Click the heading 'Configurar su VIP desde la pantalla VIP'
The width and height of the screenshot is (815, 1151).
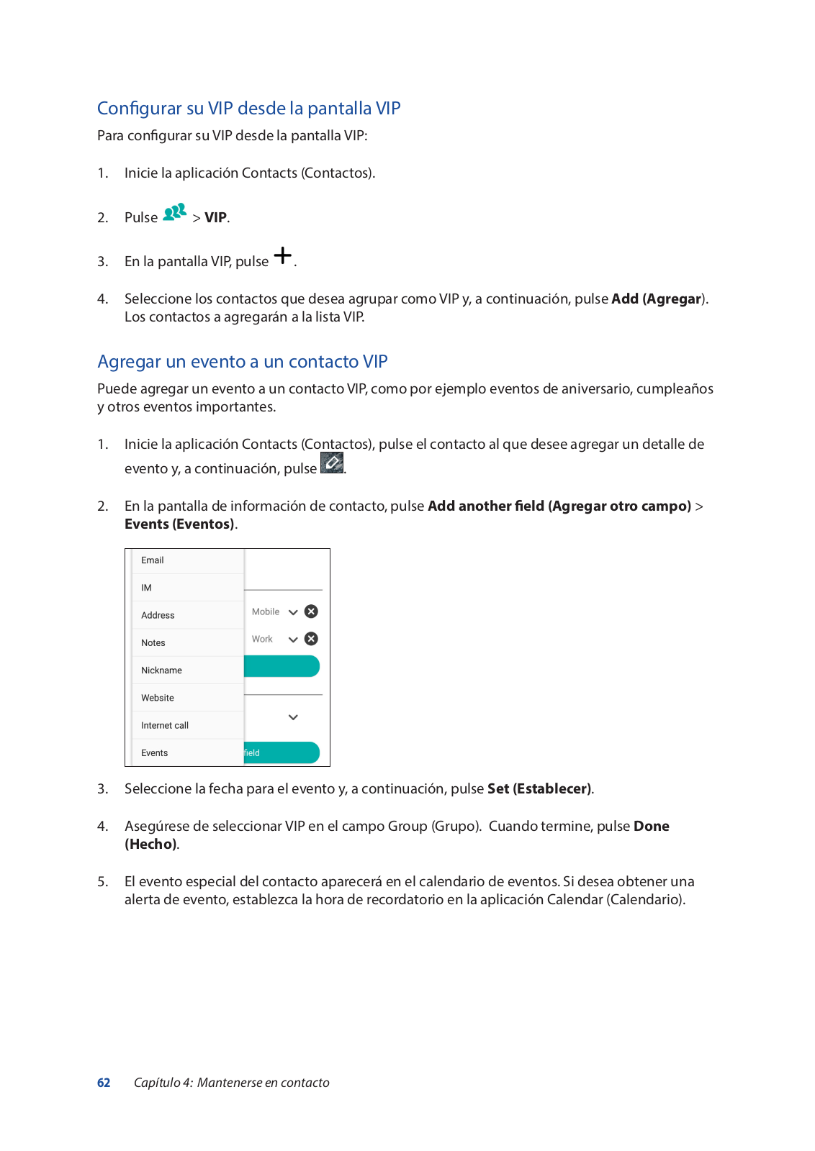[x=248, y=108]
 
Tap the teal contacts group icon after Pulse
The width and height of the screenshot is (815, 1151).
[x=175, y=213]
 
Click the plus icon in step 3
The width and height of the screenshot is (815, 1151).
[x=283, y=255]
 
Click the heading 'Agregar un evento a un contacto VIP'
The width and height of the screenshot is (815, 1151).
[x=242, y=361]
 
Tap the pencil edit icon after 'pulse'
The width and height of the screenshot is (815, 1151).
[x=332, y=463]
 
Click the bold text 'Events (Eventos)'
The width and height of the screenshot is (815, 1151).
[x=180, y=524]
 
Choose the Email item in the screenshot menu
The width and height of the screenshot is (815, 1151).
[x=153, y=560]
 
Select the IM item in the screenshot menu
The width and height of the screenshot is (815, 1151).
[x=147, y=588]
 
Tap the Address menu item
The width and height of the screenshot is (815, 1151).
[x=158, y=615]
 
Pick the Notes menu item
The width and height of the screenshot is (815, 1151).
[x=153, y=643]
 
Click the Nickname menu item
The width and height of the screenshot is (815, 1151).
[x=161, y=670]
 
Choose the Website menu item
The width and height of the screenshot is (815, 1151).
[x=158, y=698]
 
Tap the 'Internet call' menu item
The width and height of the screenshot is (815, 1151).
[x=165, y=725]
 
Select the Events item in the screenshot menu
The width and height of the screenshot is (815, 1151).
[x=155, y=753]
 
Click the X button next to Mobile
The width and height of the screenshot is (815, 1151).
[x=311, y=611]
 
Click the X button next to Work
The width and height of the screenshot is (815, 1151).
[x=311, y=639]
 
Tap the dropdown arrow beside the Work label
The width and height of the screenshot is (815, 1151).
[x=293, y=640]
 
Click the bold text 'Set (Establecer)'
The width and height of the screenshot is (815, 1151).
[x=540, y=788]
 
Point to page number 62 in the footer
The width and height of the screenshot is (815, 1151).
[x=104, y=1083]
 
